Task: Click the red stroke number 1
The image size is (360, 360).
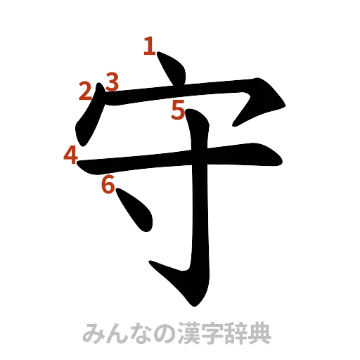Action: click(x=148, y=46)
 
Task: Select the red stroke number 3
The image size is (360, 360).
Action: click(x=110, y=82)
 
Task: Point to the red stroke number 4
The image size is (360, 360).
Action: click(x=70, y=155)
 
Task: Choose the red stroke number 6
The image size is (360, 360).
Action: click(x=108, y=185)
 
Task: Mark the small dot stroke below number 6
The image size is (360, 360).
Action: click(x=137, y=211)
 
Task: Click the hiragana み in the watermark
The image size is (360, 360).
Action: click(x=94, y=334)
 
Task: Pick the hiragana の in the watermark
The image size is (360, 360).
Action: click(x=155, y=334)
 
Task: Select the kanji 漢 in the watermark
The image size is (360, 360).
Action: click(x=177, y=334)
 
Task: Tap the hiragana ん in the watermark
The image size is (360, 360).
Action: click(x=114, y=334)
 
